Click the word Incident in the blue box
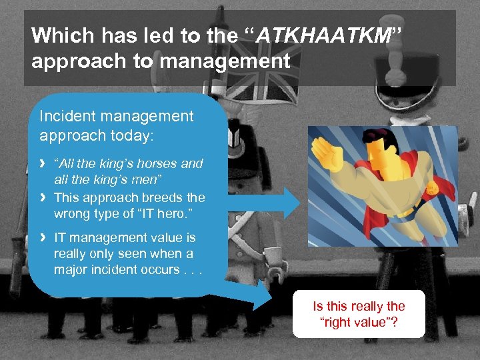coord(66,116)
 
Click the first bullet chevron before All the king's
coord(43,163)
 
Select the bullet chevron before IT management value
coord(43,237)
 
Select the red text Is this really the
coord(359,306)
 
